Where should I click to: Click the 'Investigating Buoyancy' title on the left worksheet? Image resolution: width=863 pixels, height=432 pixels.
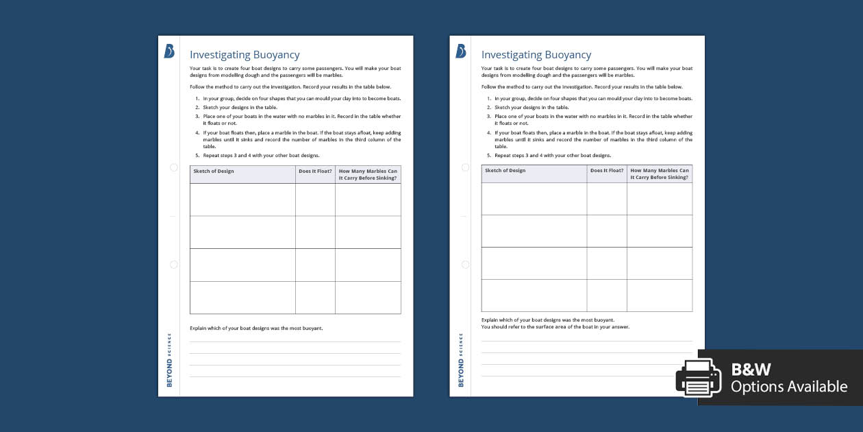pos(245,55)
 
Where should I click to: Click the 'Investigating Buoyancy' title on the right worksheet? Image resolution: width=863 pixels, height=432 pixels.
pos(536,55)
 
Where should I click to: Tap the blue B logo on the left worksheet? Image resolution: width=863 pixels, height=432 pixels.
pos(169,51)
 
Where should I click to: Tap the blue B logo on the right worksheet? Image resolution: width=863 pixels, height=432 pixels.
pos(461,51)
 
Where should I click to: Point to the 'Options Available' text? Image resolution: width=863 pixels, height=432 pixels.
pos(788,387)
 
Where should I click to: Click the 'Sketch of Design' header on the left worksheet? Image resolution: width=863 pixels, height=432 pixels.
pos(214,171)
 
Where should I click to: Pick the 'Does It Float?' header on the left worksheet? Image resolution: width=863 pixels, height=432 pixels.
pos(315,171)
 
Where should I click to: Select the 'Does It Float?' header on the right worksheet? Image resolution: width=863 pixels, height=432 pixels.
pos(607,170)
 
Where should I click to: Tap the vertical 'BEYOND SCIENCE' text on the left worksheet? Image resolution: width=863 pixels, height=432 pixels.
pos(170,359)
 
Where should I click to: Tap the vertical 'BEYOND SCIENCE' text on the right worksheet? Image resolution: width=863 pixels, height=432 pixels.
pos(462,359)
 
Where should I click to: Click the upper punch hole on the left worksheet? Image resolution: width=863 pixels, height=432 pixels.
pos(173,167)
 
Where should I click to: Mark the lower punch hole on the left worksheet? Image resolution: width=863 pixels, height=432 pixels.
pos(173,265)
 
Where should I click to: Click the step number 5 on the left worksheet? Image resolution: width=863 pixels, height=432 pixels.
pos(197,156)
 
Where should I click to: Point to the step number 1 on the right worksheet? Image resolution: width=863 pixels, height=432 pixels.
pos(488,99)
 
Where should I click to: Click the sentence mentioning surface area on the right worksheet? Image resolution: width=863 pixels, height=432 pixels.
pos(555,327)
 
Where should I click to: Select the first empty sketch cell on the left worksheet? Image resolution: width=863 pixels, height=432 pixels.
pos(242,200)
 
